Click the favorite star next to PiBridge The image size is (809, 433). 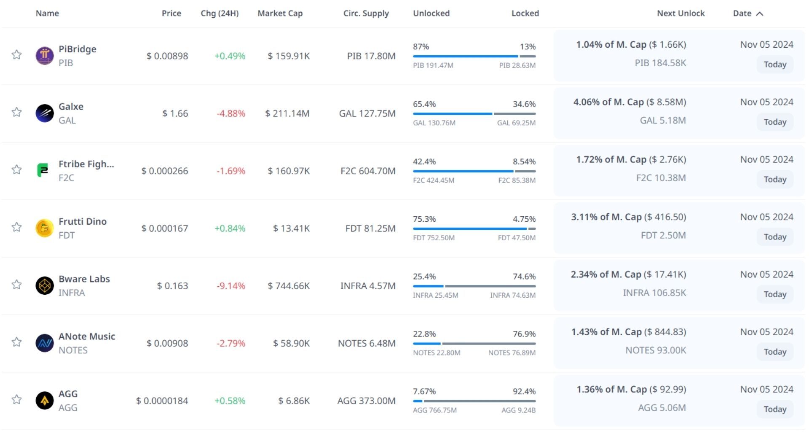pyautogui.click(x=16, y=55)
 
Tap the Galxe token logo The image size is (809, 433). pyautogui.click(x=45, y=113)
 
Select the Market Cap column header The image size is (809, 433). pyautogui.click(x=280, y=13)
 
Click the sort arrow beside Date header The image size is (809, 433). pyautogui.click(x=760, y=13)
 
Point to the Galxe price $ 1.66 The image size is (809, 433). pyautogui.click(x=175, y=113)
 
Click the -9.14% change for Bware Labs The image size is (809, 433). pyautogui.click(x=230, y=286)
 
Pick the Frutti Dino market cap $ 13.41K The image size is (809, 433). pyautogui.click(x=291, y=229)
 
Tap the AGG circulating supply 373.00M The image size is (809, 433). pyautogui.click(x=366, y=401)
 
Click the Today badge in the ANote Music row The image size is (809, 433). pyautogui.click(x=775, y=352)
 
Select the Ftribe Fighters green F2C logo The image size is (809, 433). pyautogui.click(x=43, y=170)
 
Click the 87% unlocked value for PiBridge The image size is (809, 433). pyautogui.click(x=421, y=47)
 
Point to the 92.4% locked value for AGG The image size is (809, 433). pyautogui.click(x=524, y=392)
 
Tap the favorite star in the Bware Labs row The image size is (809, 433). pyautogui.click(x=16, y=285)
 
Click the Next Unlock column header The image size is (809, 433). pyautogui.click(x=680, y=13)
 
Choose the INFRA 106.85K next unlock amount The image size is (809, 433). pyautogui.click(x=654, y=293)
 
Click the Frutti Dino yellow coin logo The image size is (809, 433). pyautogui.click(x=45, y=228)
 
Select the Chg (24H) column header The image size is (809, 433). pyautogui.click(x=220, y=13)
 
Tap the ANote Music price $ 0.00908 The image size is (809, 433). pyautogui.click(x=167, y=344)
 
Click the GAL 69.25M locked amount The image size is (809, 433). pyautogui.click(x=516, y=123)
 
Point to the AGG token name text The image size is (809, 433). pyautogui.click(x=68, y=394)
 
